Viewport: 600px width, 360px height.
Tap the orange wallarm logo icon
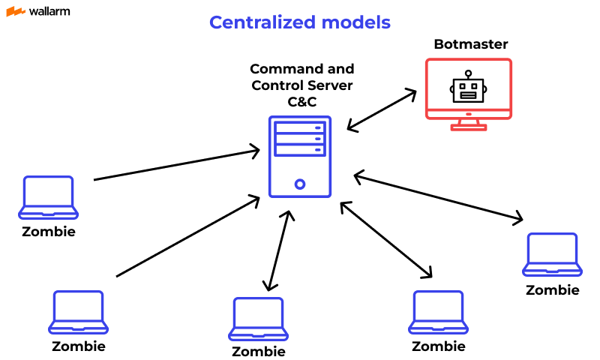(x=15, y=11)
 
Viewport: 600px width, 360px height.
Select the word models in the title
(x=355, y=22)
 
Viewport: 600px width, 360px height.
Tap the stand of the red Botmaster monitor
(x=469, y=124)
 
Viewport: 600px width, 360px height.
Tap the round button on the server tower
(x=300, y=183)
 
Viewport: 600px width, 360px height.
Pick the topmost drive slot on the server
(x=300, y=127)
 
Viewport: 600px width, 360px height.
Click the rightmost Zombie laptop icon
(x=552, y=254)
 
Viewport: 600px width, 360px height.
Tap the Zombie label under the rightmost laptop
(x=552, y=290)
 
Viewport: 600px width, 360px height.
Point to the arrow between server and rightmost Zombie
(x=438, y=198)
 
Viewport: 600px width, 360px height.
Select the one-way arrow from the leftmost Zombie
(x=176, y=166)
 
